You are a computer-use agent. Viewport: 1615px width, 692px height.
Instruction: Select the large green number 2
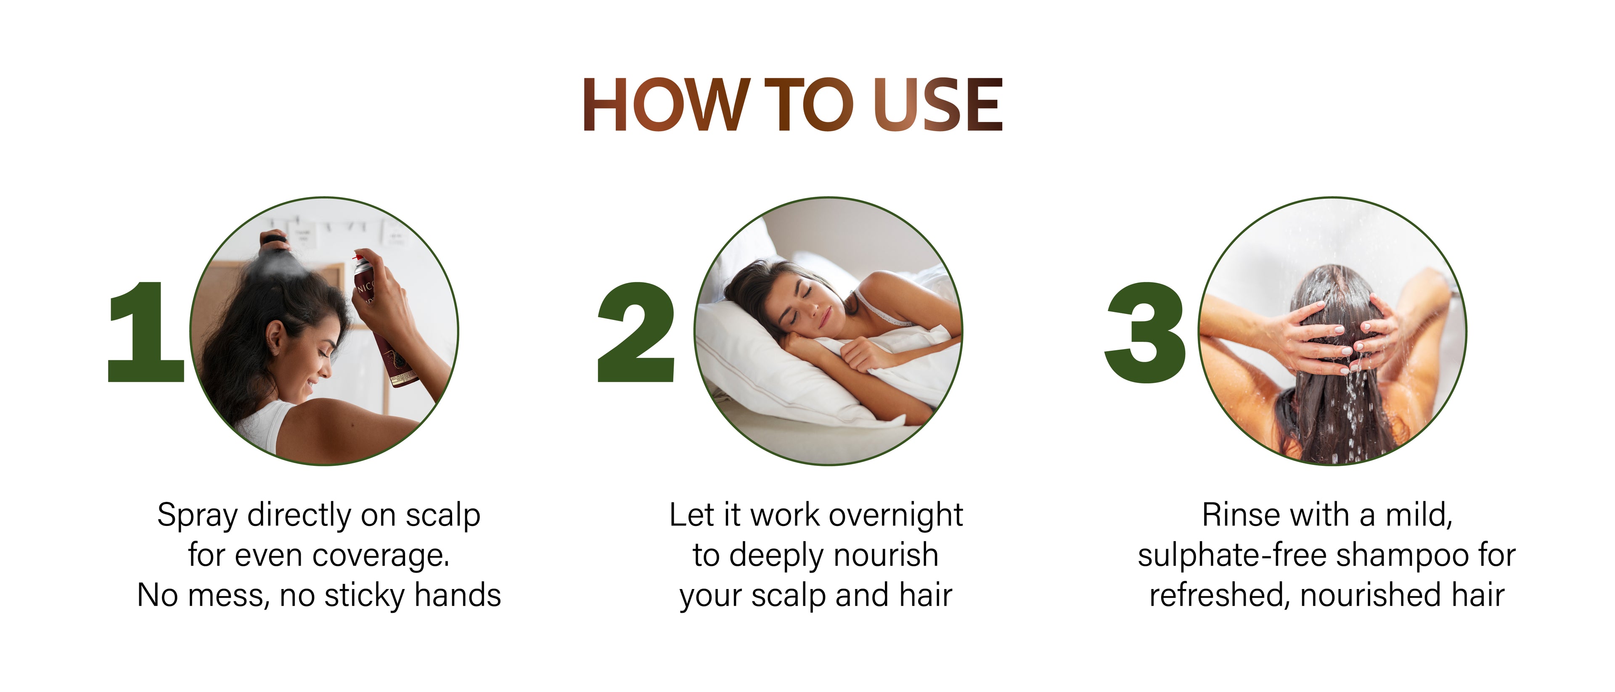coord(636,332)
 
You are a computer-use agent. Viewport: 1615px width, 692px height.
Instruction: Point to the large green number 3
coord(1145,332)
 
